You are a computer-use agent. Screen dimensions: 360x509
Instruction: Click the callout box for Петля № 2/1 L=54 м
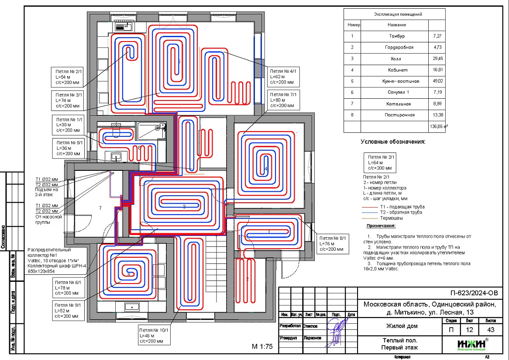coord(66,77)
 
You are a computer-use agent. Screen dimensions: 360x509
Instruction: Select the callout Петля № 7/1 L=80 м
coord(282,100)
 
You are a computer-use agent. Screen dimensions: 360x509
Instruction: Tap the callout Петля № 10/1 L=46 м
coord(154,335)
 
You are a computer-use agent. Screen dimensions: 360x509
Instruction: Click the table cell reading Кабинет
coord(398,70)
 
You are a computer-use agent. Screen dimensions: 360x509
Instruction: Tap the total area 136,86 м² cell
coord(439,127)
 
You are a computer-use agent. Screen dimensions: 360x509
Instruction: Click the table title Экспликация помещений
coord(398,14)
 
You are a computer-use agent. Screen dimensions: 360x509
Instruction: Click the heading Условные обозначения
coord(392,142)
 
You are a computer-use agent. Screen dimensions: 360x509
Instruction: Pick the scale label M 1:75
coord(262,347)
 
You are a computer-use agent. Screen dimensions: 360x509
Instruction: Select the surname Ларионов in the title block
coord(313,338)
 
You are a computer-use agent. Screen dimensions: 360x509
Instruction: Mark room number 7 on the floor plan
coord(100,208)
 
